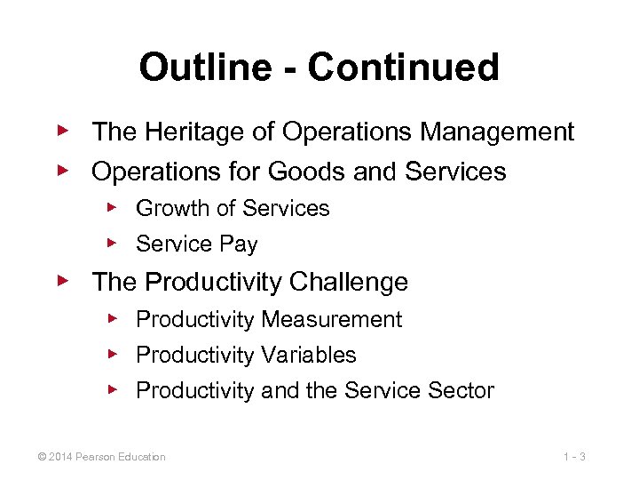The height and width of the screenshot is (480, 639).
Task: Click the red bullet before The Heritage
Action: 62,132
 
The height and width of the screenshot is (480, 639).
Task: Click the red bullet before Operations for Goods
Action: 62,169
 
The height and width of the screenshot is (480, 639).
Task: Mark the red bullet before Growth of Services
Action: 112,207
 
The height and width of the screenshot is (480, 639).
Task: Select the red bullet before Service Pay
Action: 112,243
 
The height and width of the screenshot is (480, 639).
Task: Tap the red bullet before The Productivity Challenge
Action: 62,281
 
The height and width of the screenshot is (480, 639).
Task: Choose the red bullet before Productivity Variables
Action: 112,354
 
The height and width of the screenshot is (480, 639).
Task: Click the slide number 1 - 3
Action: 575,457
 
